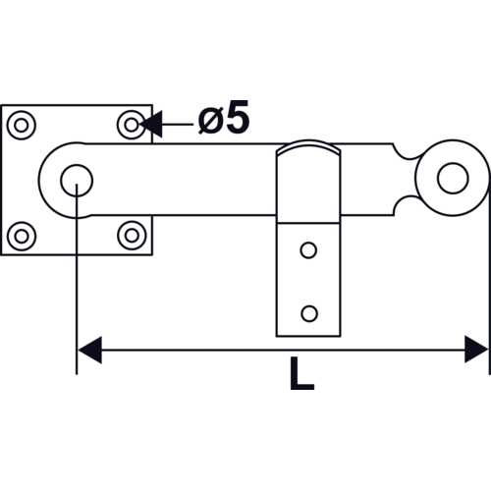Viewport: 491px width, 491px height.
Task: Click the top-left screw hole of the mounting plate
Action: click(x=22, y=126)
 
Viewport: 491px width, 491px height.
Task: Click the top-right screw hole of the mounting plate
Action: click(x=132, y=125)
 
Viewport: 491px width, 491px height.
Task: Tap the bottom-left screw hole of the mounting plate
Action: click(x=22, y=236)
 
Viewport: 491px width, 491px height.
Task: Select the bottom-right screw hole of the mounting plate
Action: click(x=132, y=236)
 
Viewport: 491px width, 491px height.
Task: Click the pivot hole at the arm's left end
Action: click(x=77, y=181)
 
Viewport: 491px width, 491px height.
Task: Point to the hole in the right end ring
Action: click(x=453, y=178)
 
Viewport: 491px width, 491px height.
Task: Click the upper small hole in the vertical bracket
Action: click(x=308, y=250)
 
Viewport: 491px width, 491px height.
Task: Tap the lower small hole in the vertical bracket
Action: click(x=309, y=313)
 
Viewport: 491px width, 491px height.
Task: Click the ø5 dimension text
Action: click(x=224, y=117)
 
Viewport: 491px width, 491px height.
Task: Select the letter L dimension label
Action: click(x=301, y=373)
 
